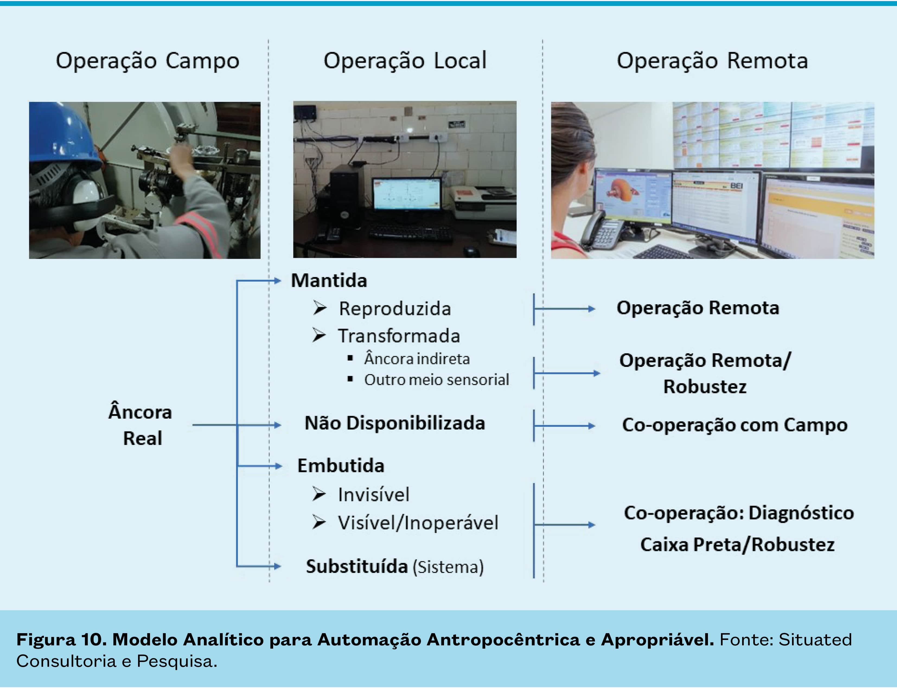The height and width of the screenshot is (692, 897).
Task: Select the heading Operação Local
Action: [405, 61]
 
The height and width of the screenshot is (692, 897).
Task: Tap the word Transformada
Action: [399, 336]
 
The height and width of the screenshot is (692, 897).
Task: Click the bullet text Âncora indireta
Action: [417, 359]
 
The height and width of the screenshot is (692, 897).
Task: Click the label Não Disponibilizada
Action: [395, 423]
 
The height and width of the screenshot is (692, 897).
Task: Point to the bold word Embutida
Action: [341, 466]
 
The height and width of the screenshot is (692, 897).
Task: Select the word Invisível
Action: [373, 495]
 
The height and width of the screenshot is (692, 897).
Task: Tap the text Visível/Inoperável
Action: [418, 523]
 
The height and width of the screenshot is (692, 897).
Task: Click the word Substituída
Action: [356, 566]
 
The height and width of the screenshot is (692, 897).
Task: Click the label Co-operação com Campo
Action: [735, 425]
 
